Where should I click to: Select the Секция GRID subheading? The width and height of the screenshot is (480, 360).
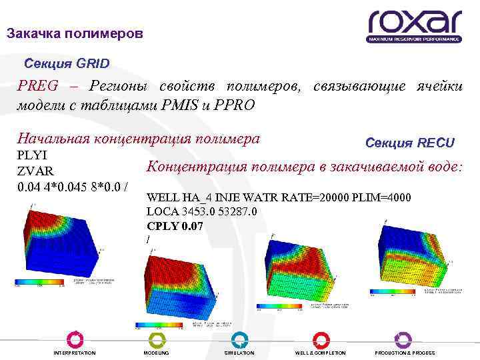click(x=67, y=64)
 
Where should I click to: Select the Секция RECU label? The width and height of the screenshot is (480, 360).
click(x=410, y=143)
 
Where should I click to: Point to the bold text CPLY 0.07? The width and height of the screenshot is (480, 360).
click(x=175, y=226)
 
